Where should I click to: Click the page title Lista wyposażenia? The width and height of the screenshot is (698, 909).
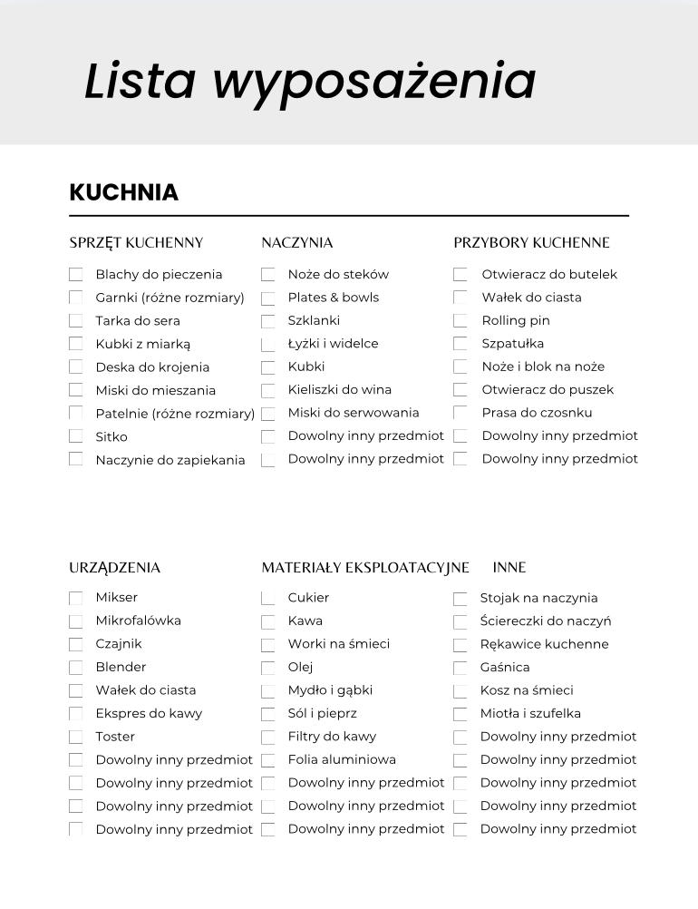tap(310, 82)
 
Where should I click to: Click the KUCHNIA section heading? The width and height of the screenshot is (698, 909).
tap(124, 193)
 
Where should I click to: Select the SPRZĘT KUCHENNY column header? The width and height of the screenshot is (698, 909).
tap(136, 242)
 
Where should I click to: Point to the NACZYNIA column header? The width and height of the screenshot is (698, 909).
tap(296, 242)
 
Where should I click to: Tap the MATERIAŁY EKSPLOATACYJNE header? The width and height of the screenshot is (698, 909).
tap(365, 568)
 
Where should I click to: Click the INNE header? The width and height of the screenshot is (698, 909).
tap(509, 568)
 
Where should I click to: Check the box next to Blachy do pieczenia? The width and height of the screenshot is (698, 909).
tap(76, 275)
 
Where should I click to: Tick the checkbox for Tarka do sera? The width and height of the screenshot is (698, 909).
tap(76, 321)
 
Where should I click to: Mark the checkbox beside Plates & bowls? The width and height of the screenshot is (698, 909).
tap(268, 298)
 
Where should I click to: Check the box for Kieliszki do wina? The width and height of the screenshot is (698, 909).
tap(268, 391)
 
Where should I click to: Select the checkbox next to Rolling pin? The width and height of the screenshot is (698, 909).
tap(460, 321)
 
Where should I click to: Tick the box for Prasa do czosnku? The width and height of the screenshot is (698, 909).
tap(460, 414)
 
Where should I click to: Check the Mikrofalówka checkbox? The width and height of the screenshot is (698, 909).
tap(76, 621)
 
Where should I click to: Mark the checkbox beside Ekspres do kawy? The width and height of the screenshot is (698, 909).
tap(76, 714)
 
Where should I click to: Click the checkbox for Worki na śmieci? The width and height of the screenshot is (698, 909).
tap(268, 645)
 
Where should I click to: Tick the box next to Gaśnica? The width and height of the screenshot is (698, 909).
tap(460, 669)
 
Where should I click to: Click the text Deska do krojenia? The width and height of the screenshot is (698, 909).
tap(152, 367)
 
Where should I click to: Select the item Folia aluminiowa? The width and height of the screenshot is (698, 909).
tap(342, 759)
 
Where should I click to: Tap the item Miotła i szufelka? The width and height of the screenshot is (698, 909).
tap(530, 713)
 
